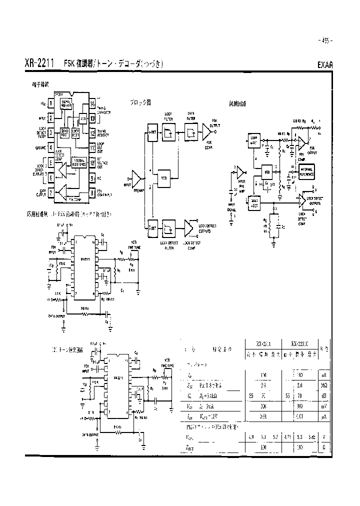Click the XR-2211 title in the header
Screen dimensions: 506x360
[x=40, y=64]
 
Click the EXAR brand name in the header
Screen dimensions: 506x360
[x=325, y=65]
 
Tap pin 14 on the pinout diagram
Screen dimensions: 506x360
[x=92, y=104]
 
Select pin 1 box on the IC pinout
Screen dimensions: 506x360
[x=50, y=104]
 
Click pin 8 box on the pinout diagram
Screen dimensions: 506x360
[x=92, y=192]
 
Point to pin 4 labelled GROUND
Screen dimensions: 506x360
[x=50, y=148]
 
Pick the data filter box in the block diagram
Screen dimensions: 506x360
[x=191, y=132]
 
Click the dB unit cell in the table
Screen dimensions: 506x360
[x=325, y=396]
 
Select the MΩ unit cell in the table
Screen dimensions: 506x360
[x=325, y=385]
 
